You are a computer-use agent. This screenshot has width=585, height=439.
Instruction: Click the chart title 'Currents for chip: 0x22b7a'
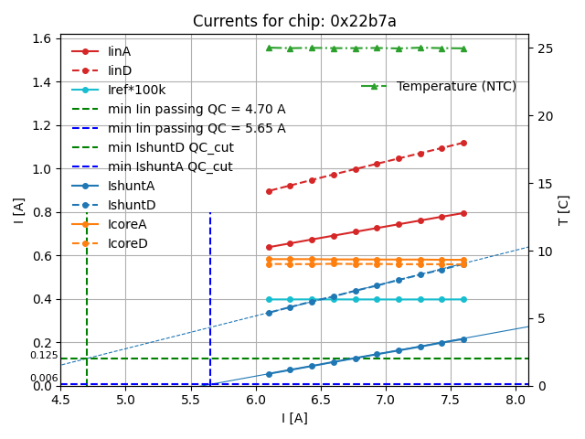[x=294, y=21]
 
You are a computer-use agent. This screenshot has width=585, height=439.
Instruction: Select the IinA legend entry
[x=119, y=51]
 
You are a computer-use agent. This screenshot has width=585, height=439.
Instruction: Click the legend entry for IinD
[x=119, y=70]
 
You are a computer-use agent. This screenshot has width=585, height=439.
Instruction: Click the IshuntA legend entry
[x=131, y=186]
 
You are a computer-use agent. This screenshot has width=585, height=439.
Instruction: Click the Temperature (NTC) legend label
[x=456, y=86]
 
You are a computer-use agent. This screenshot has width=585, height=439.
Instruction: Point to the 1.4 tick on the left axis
[x=44, y=82]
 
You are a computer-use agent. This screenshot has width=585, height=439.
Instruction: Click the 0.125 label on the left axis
[x=43, y=355]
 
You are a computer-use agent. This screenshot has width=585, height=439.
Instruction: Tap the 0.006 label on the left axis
[x=43, y=378]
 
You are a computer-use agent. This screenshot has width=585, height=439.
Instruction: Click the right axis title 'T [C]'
[x=563, y=209]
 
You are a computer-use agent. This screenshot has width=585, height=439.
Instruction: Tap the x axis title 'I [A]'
[x=294, y=418]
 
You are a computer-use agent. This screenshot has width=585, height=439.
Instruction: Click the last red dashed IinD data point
[x=463, y=143]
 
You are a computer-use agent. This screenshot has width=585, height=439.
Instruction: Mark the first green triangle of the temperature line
[x=269, y=48]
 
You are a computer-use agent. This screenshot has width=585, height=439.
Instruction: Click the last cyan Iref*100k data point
[x=463, y=299]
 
